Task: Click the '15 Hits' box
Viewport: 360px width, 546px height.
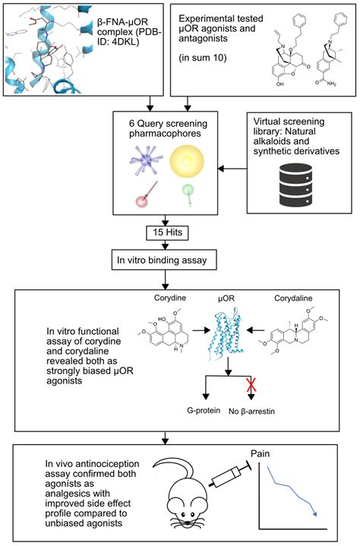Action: [180, 229]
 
